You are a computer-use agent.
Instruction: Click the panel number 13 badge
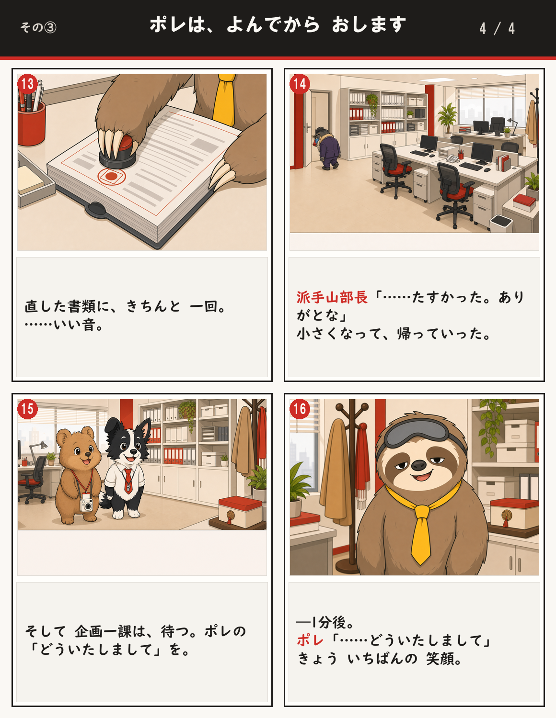click(27, 84)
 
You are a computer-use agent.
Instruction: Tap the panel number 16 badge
click(300, 409)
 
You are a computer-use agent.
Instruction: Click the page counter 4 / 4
click(497, 29)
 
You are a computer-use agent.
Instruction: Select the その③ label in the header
click(38, 27)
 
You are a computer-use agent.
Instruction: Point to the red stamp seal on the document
click(112, 176)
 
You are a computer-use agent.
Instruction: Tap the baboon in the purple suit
click(327, 148)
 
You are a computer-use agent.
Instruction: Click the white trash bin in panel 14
click(501, 223)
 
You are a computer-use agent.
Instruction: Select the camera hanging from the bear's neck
click(87, 505)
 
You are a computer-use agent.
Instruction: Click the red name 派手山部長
click(332, 297)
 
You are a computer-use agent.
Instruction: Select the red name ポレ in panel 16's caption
click(310, 640)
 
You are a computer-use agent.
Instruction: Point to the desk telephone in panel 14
click(452, 158)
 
